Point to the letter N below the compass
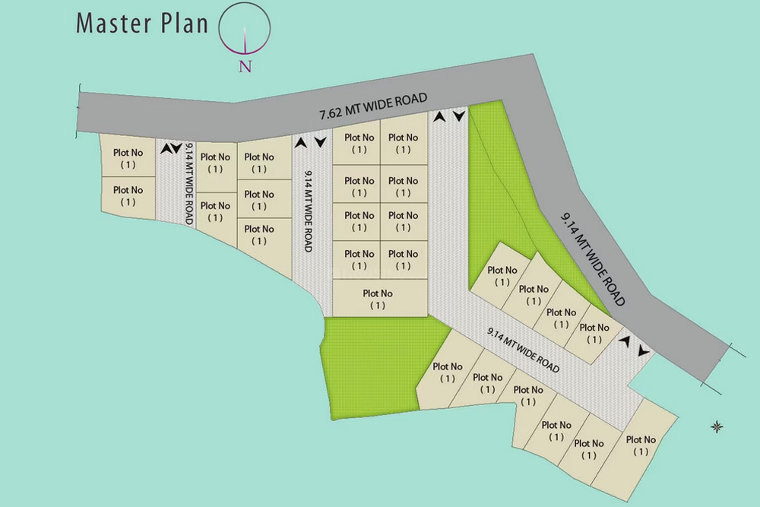pos(245,66)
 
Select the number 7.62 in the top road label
pos(331,114)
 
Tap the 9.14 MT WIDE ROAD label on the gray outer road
pos(593,258)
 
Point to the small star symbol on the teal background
pos(715,426)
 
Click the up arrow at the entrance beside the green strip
pos(439,116)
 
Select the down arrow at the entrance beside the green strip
pos(459,116)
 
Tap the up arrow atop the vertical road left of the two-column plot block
pos(301,141)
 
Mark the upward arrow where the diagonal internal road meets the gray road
pos(625,342)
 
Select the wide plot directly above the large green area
pos(378,299)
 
